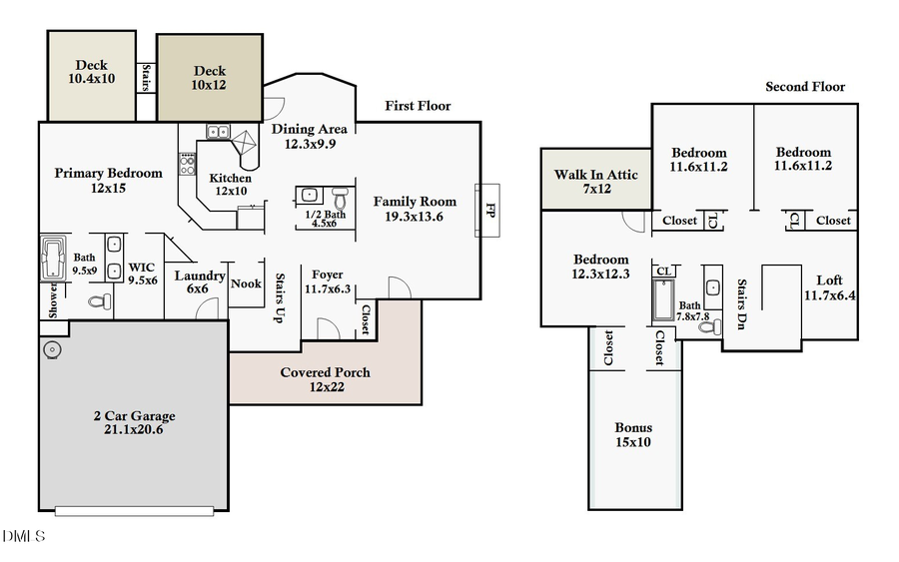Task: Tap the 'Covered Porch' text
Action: pos(325,372)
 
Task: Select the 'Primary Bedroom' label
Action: pos(108,173)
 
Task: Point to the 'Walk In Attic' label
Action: pos(596,175)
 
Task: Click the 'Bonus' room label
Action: pos(633,427)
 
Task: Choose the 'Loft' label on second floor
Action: pos(830,281)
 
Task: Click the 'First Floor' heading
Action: pos(418,106)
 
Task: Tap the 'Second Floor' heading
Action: pos(805,87)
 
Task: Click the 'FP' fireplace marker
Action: pos(489,210)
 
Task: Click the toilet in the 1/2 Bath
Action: pos(339,195)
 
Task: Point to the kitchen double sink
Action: pos(219,131)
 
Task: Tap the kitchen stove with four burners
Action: pos(186,164)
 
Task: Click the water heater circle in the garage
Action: pos(51,349)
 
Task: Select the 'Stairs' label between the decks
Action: pos(146,78)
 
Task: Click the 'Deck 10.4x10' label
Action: pos(91,72)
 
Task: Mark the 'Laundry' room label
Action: pos(200,276)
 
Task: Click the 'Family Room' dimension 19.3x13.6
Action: pos(415,217)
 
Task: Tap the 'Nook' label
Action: pos(246,283)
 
